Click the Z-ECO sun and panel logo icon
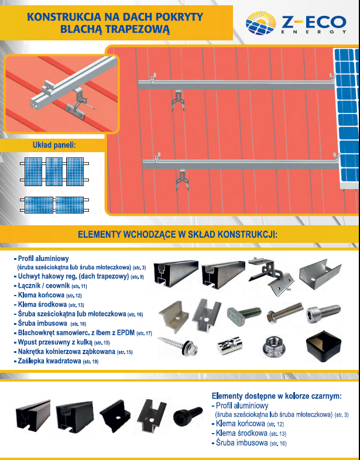(x=260, y=23)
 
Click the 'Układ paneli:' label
(x=54, y=145)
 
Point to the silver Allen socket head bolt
(x=324, y=312)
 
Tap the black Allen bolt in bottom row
(x=188, y=414)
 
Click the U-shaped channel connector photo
(x=320, y=276)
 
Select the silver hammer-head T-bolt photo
(x=244, y=313)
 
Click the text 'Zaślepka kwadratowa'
(x=49, y=361)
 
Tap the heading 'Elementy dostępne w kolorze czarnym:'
(x=277, y=396)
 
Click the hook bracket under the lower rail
(x=183, y=180)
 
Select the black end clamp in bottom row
(x=115, y=416)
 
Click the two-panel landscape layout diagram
(x=54, y=205)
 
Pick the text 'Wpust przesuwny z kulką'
(x=55, y=342)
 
